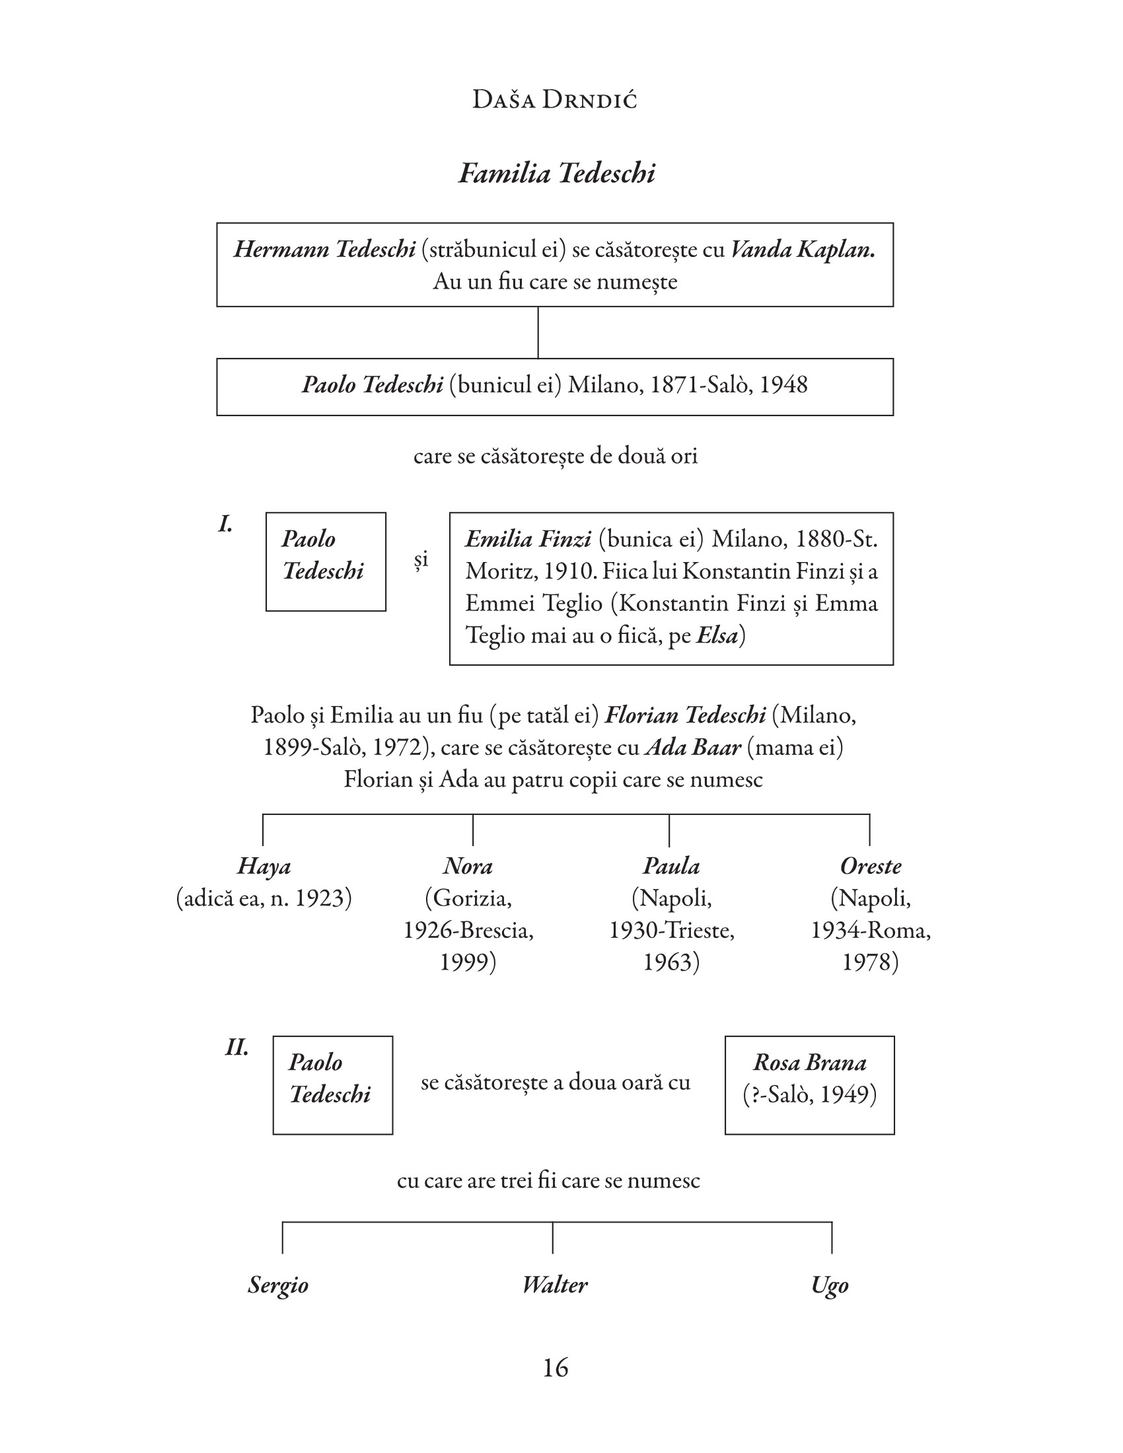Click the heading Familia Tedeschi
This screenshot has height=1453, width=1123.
tap(557, 174)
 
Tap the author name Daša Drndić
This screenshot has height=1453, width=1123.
tap(554, 100)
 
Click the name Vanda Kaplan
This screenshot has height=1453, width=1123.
tap(803, 250)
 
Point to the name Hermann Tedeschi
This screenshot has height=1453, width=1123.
tap(324, 250)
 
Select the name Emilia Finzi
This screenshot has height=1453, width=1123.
tap(528, 539)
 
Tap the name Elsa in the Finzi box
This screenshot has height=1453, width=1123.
tap(717, 636)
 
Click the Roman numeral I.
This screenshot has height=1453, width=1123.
tap(225, 525)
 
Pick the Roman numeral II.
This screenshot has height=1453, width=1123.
tap(236, 1048)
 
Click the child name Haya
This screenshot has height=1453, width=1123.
tap(264, 867)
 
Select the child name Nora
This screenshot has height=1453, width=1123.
tap(468, 867)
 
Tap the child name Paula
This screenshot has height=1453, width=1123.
tap(670, 867)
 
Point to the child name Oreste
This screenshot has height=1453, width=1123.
tap(870, 867)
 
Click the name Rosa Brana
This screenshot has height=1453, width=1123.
tap(810, 1063)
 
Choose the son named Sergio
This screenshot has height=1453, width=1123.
tap(278, 1284)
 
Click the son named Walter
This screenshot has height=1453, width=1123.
tap(554, 1284)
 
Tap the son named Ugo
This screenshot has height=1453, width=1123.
tap(830, 1284)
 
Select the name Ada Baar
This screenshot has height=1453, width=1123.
tap(692, 748)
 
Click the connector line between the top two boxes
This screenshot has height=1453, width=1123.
tap(538, 333)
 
